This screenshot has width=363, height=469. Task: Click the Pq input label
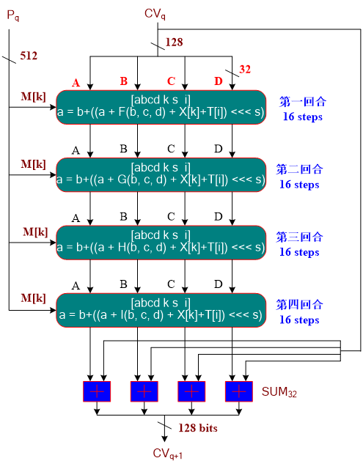point(12,15)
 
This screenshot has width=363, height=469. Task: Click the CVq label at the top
point(155,12)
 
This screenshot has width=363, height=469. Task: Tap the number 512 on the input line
point(29,56)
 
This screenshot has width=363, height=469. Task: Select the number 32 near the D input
point(245,70)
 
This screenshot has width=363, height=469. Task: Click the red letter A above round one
point(76,81)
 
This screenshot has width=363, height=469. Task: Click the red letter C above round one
point(171,81)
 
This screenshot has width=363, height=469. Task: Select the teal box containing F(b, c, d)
point(161,107)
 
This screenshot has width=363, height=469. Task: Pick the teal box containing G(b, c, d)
point(161,174)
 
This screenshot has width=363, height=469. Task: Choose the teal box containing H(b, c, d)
point(161,242)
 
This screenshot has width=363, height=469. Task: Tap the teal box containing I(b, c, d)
point(161,309)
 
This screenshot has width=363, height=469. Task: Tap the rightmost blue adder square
point(238,391)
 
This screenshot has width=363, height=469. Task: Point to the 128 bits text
point(199,427)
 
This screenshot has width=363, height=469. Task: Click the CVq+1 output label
point(167,454)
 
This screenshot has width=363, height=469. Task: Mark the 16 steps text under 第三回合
point(299,252)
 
